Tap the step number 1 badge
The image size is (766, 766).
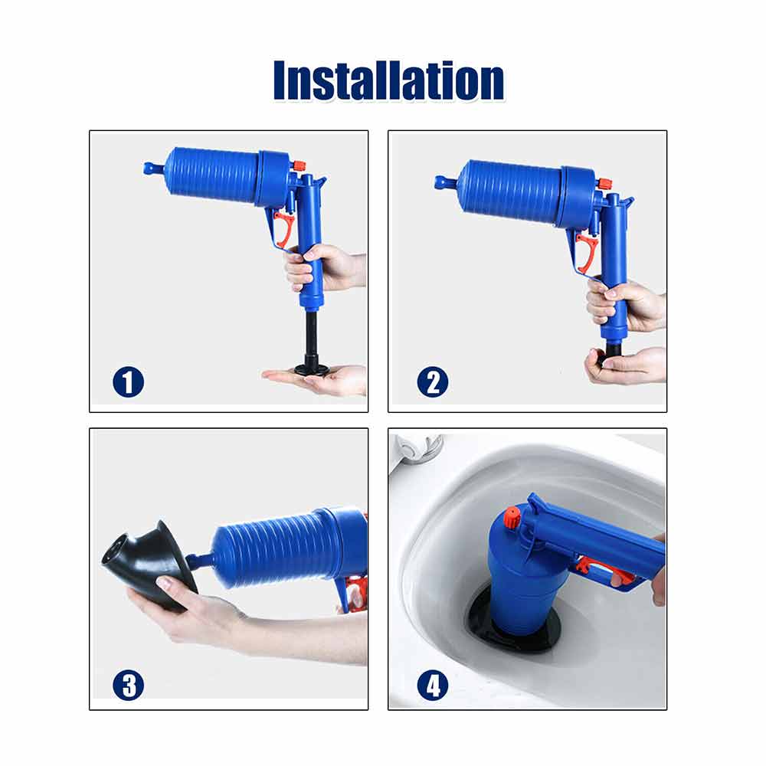(x=129, y=381)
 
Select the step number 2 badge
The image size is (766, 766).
(x=433, y=381)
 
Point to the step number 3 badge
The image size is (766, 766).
(x=129, y=685)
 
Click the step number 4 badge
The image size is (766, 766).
(x=433, y=685)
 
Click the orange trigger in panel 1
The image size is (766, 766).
(x=284, y=228)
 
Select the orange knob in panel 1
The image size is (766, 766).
(x=299, y=166)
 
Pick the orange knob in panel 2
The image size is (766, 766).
(x=605, y=185)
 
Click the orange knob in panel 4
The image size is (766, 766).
(x=512, y=518)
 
